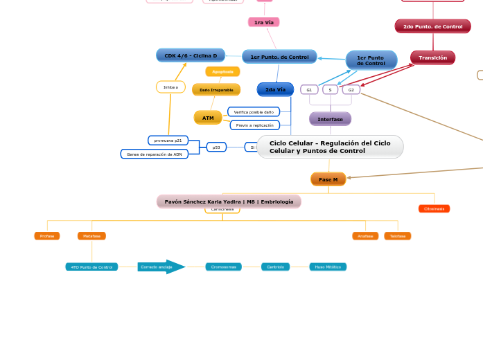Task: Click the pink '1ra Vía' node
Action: (x=263, y=22)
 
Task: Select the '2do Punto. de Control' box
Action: (x=432, y=26)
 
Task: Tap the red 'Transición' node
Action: (x=432, y=57)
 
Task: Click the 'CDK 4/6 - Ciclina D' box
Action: (x=191, y=55)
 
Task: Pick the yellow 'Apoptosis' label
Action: (x=222, y=71)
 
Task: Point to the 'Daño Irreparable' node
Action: (x=216, y=90)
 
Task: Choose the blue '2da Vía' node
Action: (x=275, y=89)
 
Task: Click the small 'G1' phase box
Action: (x=309, y=90)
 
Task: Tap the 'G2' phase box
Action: (x=351, y=90)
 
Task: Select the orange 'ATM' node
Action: (x=208, y=118)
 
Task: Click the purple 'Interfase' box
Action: (x=330, y=119)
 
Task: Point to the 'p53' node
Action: (x=216, y=147)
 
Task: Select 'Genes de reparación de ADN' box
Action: (x=154, y=154)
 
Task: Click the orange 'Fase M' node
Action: (x=328, y=179)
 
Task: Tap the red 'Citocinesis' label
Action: (x=434, y=208)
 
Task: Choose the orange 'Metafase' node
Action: (x=91, y=236)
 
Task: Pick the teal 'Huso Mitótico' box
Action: (x=328, y=267)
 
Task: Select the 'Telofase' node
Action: (x=397, y=236)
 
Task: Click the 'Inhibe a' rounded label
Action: (x=170, y=87)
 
